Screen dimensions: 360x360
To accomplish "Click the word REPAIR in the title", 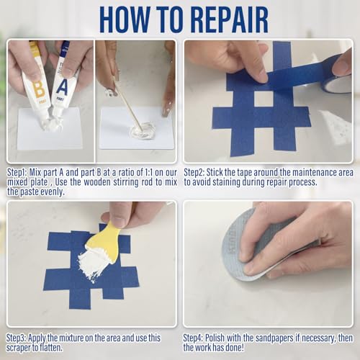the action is tap(230, 19).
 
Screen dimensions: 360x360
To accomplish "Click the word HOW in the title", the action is tap(125, 19).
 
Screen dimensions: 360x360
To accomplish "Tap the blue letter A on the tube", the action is tap(62, 87).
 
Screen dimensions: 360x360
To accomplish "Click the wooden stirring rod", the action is tap(127, 103).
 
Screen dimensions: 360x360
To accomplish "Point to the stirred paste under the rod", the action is tap(143, 130).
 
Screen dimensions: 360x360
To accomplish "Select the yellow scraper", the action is tap(108, 240).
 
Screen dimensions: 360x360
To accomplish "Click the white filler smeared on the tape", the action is tap(91, 266).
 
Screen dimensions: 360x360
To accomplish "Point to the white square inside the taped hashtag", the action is tap(264, 99).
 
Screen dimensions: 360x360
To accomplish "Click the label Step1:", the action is tap(17, 172).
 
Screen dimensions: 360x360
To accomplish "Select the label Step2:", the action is tap(194, 172).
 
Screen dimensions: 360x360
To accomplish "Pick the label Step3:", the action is tap(17, 338).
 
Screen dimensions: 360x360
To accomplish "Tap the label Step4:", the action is tap(194, 338).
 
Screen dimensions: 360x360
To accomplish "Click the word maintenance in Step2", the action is tap(314, 172).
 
